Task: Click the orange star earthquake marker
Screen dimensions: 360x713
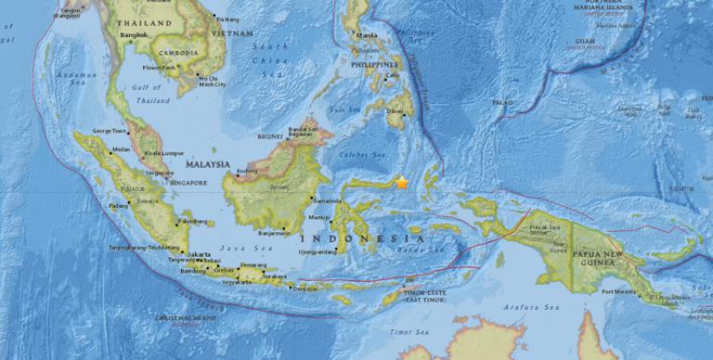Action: [401, 183]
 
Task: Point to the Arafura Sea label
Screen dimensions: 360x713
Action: [539, 306]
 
